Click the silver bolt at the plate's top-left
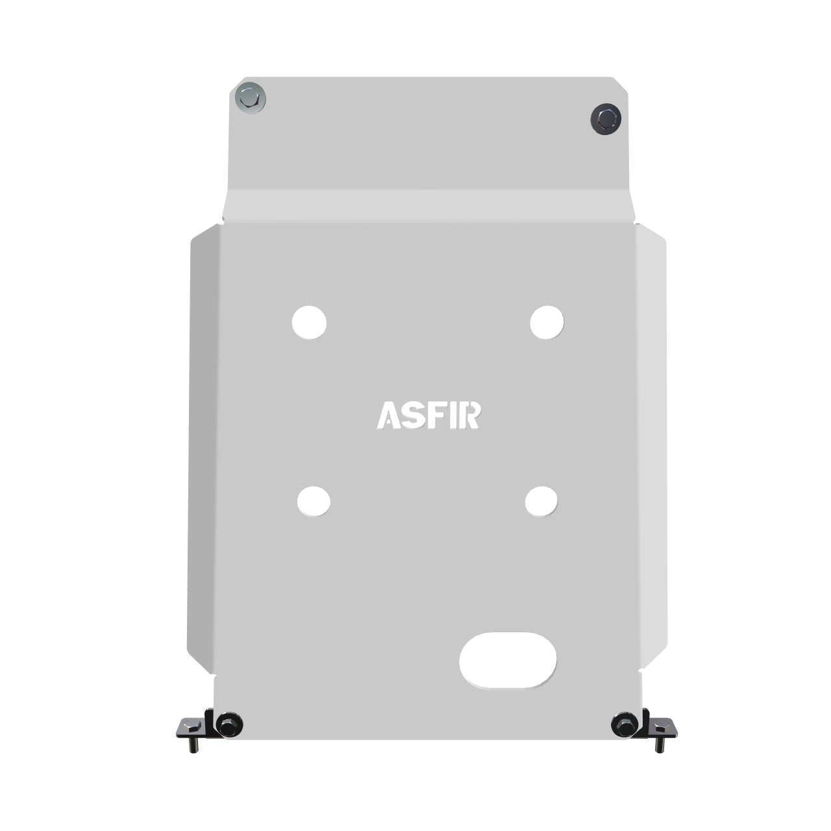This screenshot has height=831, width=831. (250, 98)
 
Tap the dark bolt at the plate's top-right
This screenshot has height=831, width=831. (606, 118)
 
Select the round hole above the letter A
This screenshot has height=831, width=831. (309, 322)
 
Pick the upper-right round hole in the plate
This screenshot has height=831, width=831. (547, 322)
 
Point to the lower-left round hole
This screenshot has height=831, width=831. (314, 501)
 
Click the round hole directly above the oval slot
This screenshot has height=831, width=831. (541, 501)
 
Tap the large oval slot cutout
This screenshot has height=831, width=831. (508, 660)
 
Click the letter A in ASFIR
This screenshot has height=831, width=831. (388, 415)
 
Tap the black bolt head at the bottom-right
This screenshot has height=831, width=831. (625, 724)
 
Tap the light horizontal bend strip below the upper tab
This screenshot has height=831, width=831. (428, 206)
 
